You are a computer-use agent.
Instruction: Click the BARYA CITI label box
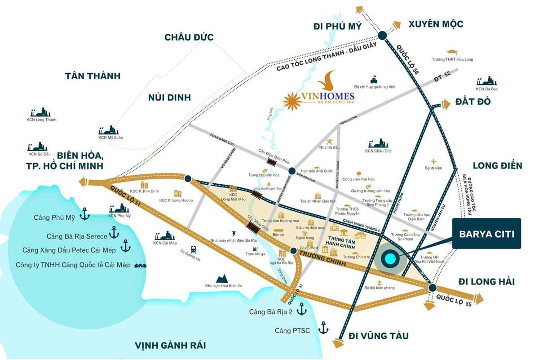coord(486,234)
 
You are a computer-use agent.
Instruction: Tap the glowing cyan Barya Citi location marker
coord(389,259)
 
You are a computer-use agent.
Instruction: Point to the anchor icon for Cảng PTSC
coord(323,328)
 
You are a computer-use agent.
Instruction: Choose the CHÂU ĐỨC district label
coord(189,37)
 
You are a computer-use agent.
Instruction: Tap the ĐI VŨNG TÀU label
coord(379,336)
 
